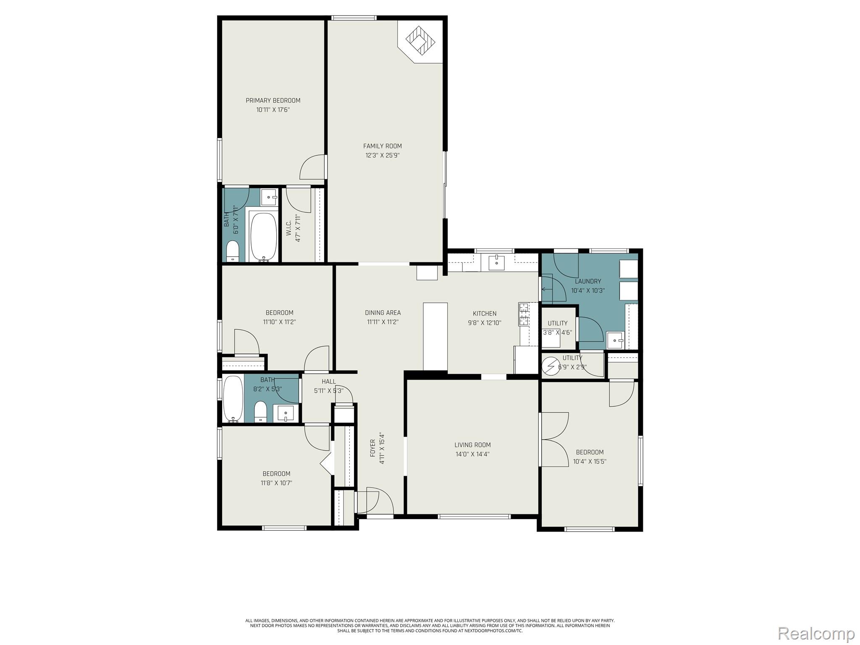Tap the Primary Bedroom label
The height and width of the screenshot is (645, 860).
[x=273, y=100]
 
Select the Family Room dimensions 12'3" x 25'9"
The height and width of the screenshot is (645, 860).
[x=382, y=155]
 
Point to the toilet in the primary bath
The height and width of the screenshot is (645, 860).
[x=232, y=251]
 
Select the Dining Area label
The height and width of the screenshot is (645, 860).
[x=383, y=312]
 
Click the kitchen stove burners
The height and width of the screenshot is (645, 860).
[x=523, y=315]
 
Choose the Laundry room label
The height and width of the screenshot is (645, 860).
[x=588, y=281]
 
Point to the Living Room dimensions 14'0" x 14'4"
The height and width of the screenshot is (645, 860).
[x=472, y=454]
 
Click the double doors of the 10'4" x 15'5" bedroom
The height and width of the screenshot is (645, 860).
[x=554, y=439]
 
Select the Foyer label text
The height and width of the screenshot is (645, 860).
[x=372, y=448]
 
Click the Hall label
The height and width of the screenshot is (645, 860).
[x=329, y=381]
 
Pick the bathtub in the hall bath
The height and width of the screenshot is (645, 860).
[x=233, y=399]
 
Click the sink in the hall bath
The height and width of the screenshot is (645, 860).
[x=286, y=413]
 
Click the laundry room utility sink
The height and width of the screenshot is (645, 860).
[x=615, y=340]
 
